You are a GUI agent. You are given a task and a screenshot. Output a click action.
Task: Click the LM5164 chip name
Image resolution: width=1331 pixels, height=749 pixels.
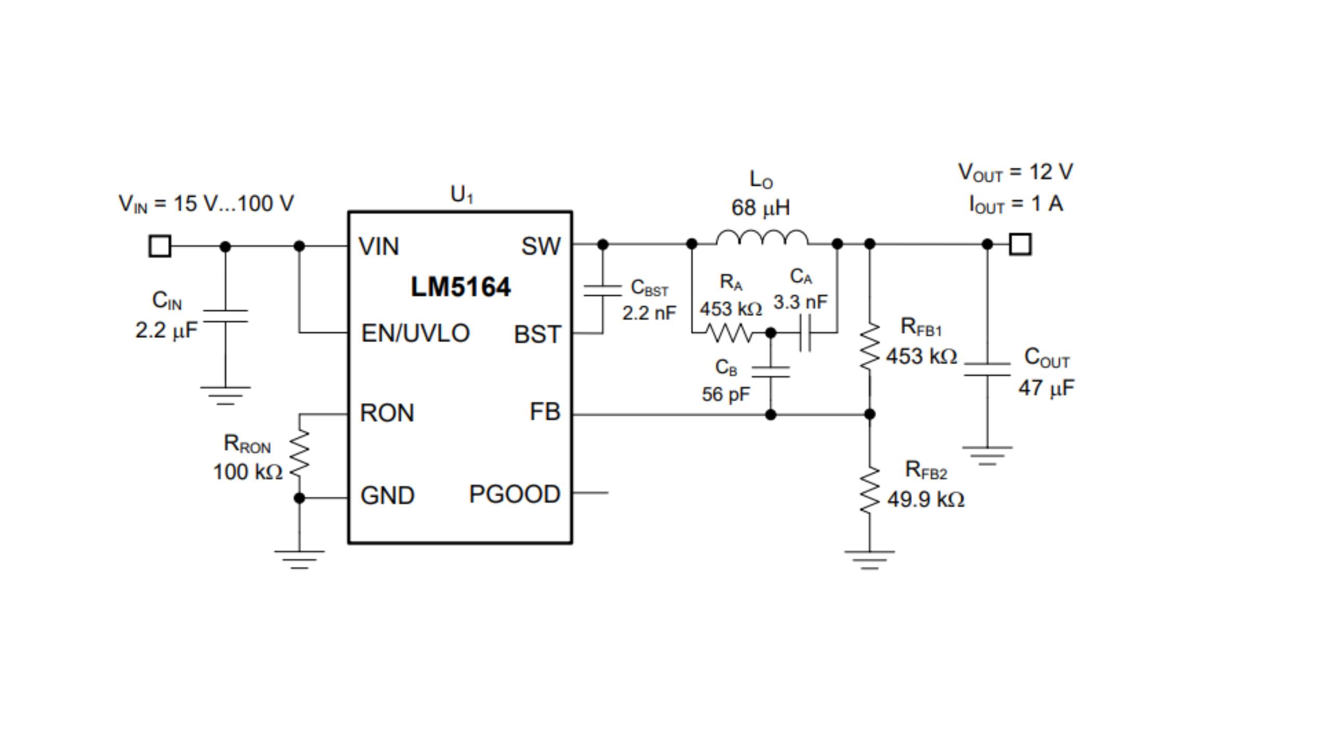coord(461,287)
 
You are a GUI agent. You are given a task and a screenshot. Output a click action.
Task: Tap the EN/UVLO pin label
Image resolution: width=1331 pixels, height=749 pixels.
coord(415,333)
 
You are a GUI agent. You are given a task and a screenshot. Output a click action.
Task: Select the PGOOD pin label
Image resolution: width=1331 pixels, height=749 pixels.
coord(514,494)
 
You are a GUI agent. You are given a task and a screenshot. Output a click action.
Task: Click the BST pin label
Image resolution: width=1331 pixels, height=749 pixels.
coord(537,334)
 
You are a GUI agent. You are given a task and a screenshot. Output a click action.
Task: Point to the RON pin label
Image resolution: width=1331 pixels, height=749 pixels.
coord(387,413)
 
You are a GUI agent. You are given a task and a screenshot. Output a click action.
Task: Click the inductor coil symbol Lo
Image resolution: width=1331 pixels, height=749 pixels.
coord(762,238)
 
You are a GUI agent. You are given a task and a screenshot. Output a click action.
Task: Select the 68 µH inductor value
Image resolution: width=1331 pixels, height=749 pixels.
coord(760,208)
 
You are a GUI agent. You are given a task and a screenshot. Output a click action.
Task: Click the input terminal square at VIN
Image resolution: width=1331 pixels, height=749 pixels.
coord(160,246)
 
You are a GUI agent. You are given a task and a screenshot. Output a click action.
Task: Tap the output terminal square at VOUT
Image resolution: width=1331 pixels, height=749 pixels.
coord(1020,244)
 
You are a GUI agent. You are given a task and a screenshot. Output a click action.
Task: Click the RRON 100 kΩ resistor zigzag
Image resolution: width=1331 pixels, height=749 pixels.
coord(299,454)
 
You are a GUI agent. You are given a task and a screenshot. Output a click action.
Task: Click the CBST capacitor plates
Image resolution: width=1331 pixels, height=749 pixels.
coord(603,290)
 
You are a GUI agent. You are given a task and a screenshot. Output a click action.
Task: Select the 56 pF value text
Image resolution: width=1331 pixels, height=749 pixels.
coord(725,394)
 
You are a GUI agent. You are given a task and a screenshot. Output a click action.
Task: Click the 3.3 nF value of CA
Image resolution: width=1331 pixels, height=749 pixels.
coord(800,302)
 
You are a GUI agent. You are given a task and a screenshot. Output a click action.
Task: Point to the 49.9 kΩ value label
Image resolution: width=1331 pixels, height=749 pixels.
coord(925,500)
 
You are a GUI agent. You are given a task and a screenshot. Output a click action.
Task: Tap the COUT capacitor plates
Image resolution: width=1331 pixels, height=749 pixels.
coord(987,369)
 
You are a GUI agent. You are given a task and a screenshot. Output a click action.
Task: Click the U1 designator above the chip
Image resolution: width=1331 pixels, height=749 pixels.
coord(461,195)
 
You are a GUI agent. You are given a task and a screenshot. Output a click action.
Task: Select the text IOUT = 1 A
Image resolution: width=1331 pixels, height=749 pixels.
coord(1015,204)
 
